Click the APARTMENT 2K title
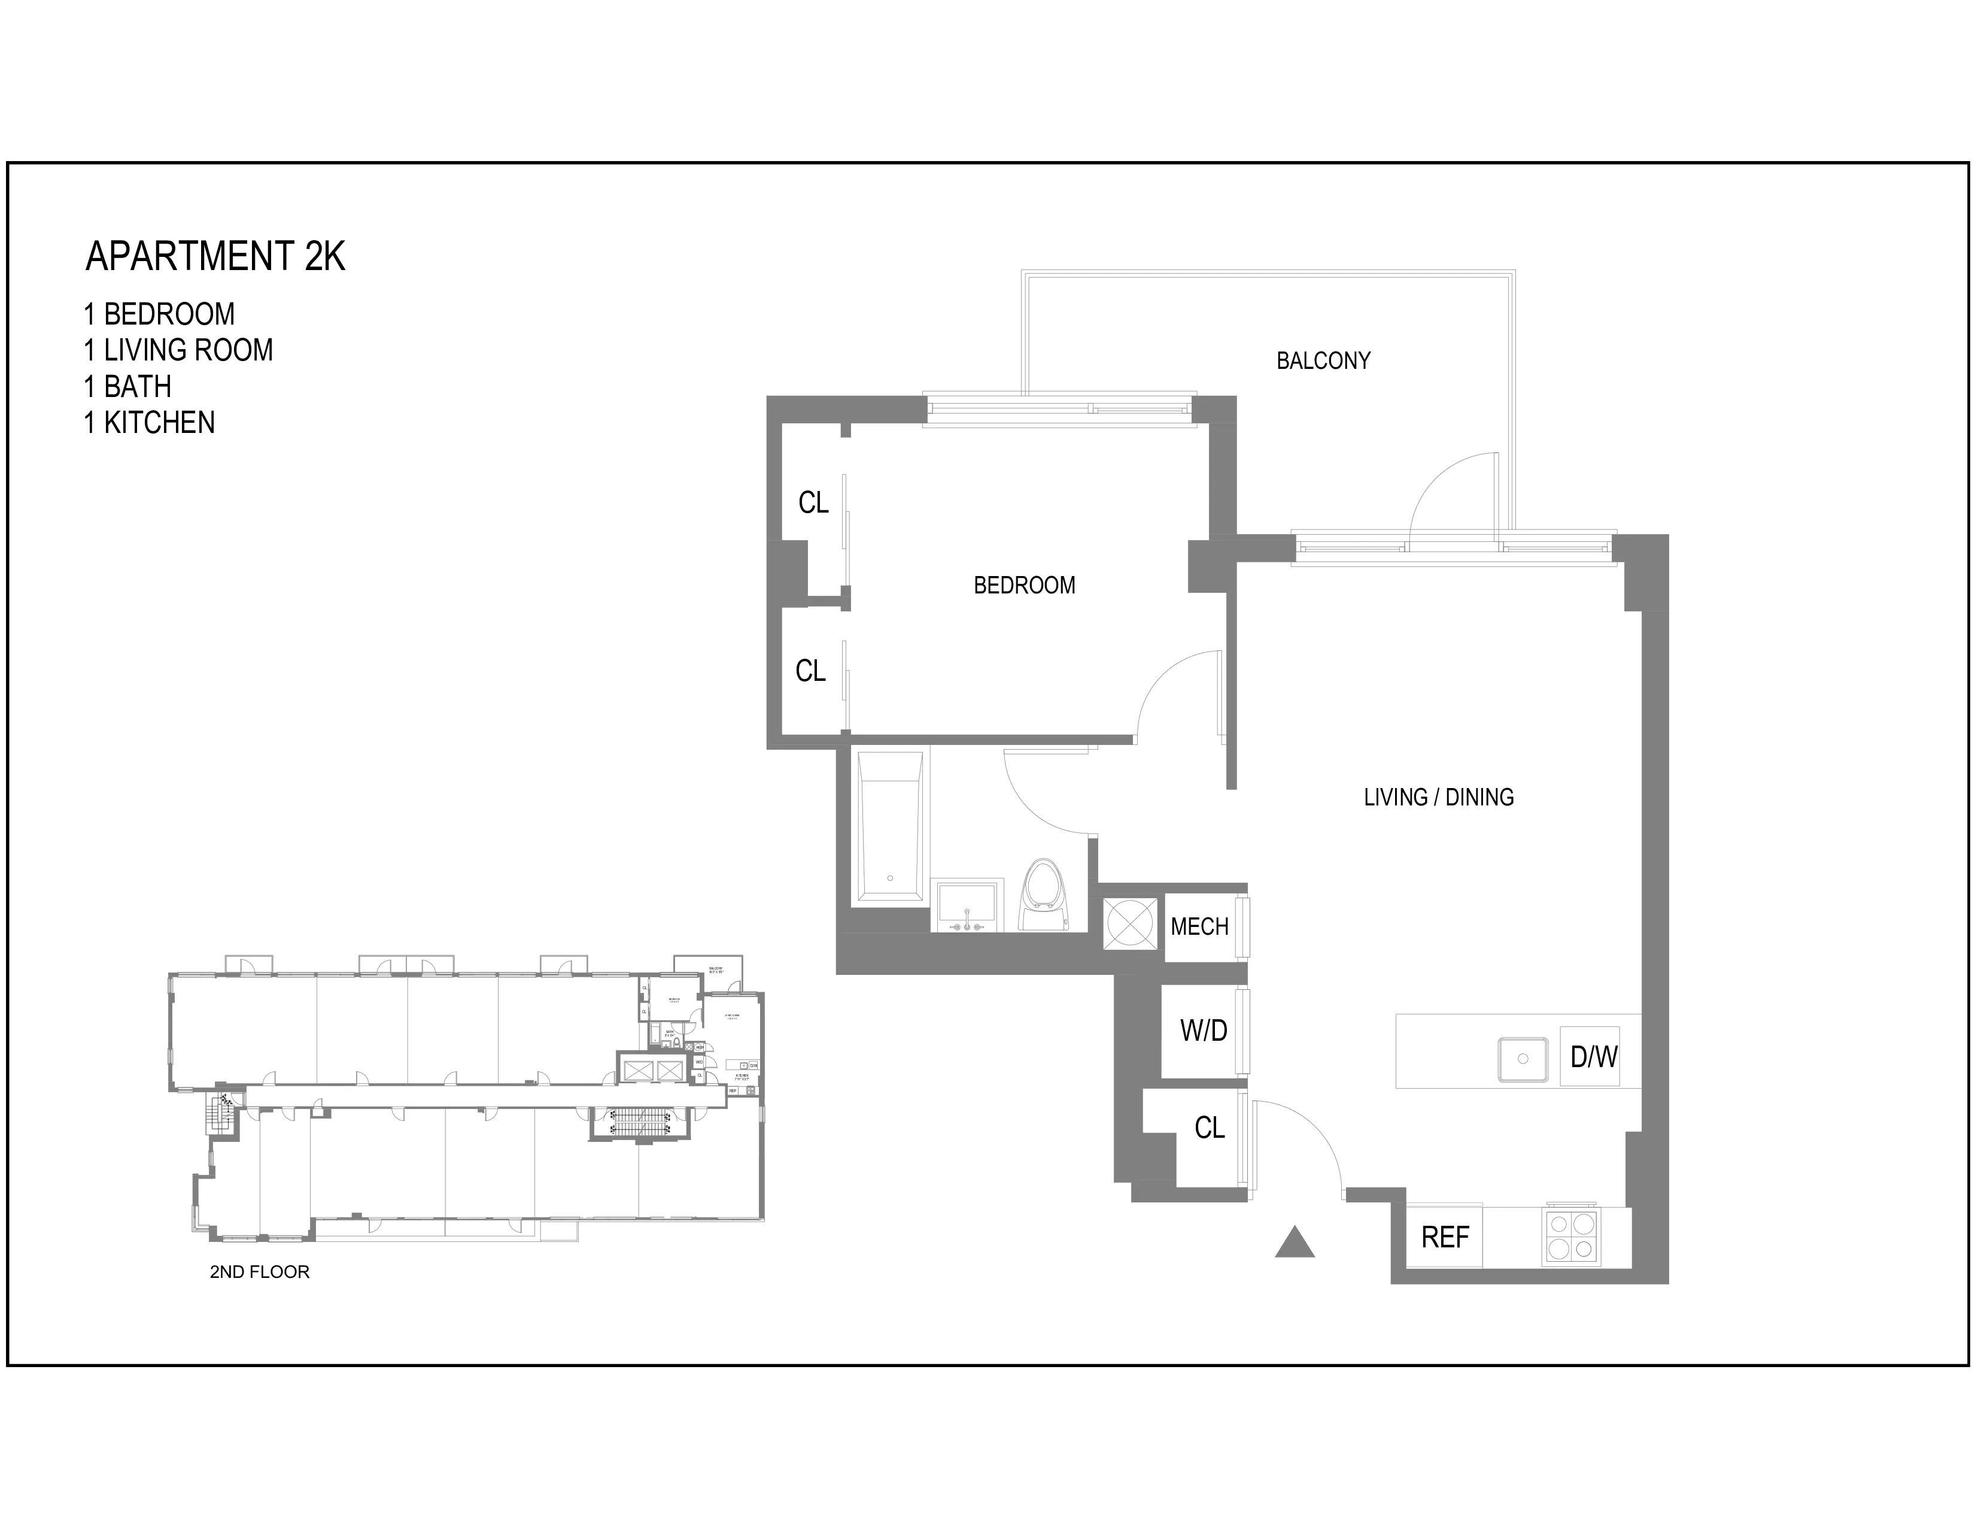pos(215,257)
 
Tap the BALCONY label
pos(1323,361)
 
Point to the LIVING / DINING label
pos(1438,797)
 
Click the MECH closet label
pos(1199,927)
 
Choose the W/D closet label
pos(1203,1031)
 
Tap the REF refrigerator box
pos(1444,1237)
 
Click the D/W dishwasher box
pos(1593,1056)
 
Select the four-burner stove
pos(1571,1237)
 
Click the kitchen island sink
pos(1523,1058)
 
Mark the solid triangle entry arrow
pos(1294,1244)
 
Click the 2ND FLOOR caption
pos(260,1272)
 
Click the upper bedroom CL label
pos(813,503)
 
